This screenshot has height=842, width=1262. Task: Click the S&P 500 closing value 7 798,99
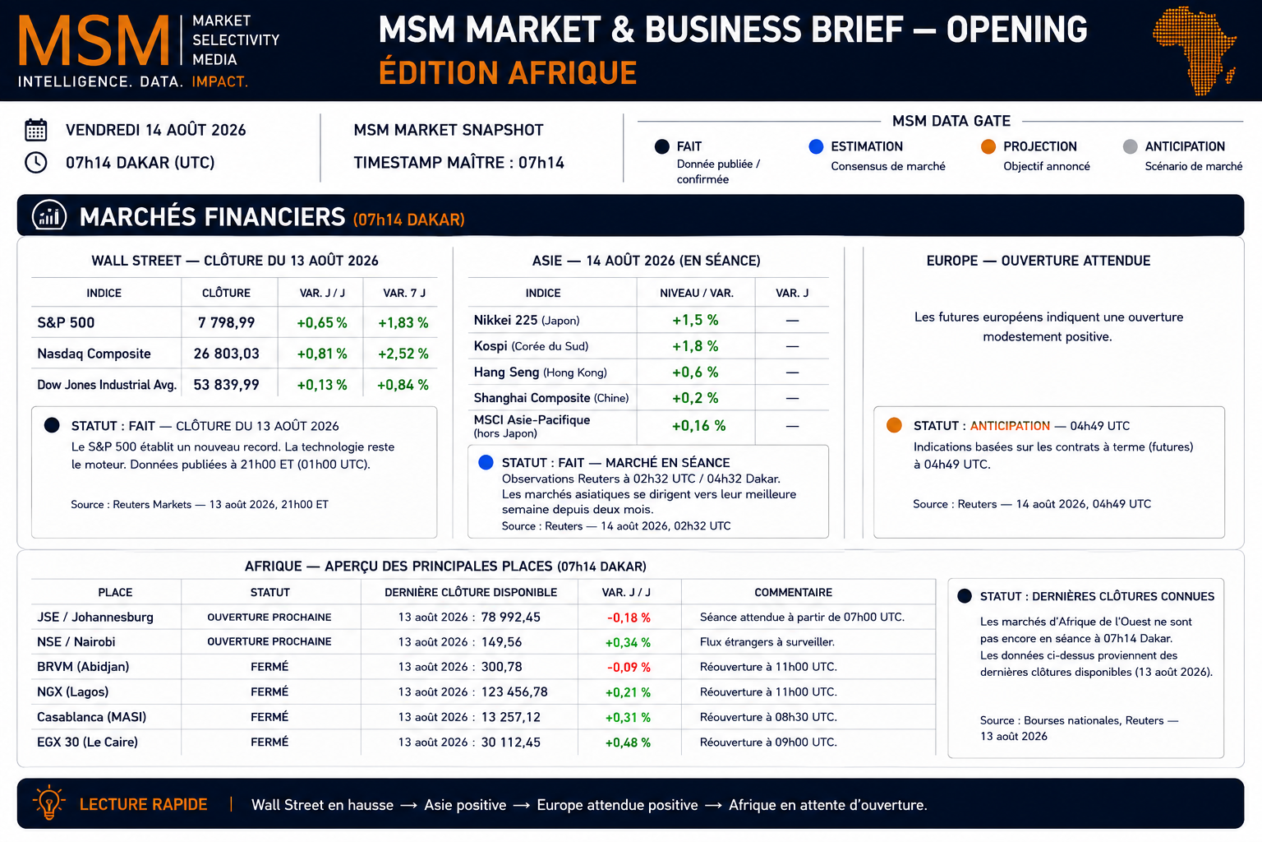pyautogui.click(x=227, y=322)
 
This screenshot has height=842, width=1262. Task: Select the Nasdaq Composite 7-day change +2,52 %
pyautogui.click(x=403, y=354)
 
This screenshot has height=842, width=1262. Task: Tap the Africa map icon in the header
pyautogui.click(x=1195, y=49)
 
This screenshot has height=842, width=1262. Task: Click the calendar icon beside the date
pyautogui.click(x=36, y=130)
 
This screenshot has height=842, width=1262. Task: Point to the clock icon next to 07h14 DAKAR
pyautogui.click(x=36, y=163)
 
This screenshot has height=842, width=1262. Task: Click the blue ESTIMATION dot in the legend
pyautogui.click(x=816, y=146)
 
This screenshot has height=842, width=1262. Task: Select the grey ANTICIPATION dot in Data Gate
pyautogui.click(x=1130, y=146)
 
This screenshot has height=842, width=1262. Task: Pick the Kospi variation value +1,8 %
pyautogui.click(x=695, y=346)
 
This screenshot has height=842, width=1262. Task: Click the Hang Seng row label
pyautogui.click(x=541, y=372)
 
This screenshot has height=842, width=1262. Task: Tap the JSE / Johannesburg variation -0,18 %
pyautogui.click(x=629, y=618)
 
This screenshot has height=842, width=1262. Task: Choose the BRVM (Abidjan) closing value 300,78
pyautogui.click(x=501, y=667)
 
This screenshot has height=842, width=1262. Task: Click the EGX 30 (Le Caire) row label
pyautogui.click(x=87, y=743)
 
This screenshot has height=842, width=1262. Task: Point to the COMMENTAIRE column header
pyautogui.click(x=793, y=592)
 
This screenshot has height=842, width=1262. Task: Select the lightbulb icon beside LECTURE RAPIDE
pyautogui.click(x=49, y=802)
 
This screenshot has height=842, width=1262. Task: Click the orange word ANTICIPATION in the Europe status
pyautogui.click(x=1010, y=426)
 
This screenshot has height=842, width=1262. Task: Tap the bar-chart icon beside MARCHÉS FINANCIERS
pyautogui.click(x=49, y=215)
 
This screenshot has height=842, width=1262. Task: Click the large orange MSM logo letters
pyautogui.click(x=94, y=40)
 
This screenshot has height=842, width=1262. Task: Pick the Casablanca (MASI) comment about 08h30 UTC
pyautogui.click(x=768, y=717)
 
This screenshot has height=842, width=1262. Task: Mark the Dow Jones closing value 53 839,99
pyautogui.click(x=227, y=385)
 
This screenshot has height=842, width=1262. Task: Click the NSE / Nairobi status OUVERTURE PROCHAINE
pyautogui.click(x=269, y=642)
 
